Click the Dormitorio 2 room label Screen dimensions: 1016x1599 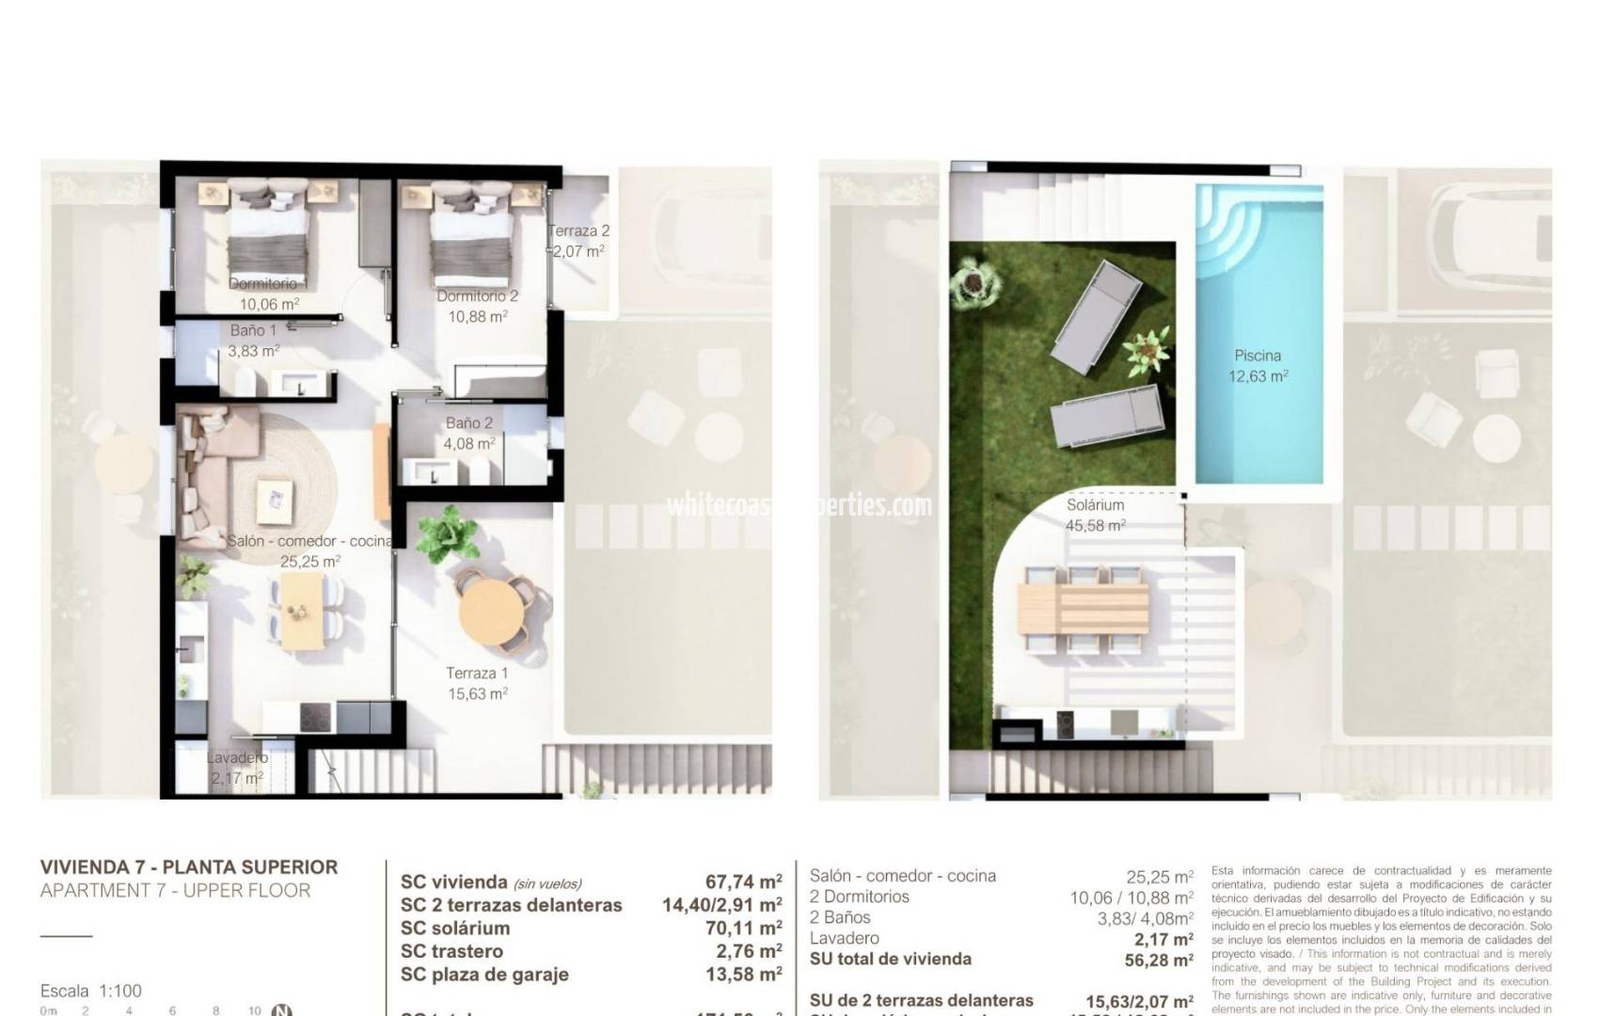tap(477, 295)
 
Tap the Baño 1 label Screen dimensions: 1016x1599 tap(253, 330)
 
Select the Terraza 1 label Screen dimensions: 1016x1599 tap(477, 674)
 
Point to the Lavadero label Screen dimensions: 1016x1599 tap(237, 757)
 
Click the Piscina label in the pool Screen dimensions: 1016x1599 tap(1258, 356)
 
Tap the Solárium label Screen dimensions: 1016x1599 tap(1095, 505)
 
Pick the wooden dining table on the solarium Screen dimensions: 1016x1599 tap(1084, 608)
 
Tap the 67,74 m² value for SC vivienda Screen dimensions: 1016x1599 tap(743, 881)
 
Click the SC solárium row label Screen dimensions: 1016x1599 tap(454, 928)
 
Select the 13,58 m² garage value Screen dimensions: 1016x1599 tap(743, 975)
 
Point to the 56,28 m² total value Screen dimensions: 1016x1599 tap(1153, 960)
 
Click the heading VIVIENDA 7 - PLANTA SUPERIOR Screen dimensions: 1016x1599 tap(189, 867)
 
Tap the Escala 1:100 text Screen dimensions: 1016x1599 tap(91, 991)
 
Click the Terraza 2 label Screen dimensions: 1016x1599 tap(578, 230)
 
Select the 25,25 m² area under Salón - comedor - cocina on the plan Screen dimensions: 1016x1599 tap(310, 562)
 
